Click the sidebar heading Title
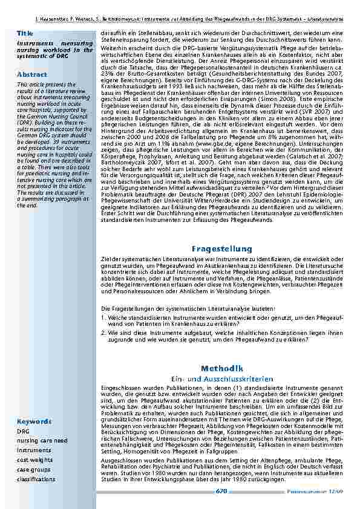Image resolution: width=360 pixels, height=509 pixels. coord(25,32)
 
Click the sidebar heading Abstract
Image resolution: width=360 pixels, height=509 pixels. coord(31,74)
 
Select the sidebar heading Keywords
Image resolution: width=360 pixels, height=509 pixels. coord(34,421)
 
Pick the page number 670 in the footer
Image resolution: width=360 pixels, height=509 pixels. coord(221,491)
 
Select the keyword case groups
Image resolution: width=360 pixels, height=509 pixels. coord(34,470)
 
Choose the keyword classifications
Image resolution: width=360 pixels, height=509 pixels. coord(36,479)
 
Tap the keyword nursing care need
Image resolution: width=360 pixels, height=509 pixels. coord(42,441)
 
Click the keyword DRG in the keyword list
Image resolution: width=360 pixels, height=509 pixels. coord(23,432)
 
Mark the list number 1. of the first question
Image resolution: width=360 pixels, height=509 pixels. coord(104,316)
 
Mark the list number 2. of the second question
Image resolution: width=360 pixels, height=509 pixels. coord(104,332)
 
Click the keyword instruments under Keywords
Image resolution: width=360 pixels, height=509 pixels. coord(34,450)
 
